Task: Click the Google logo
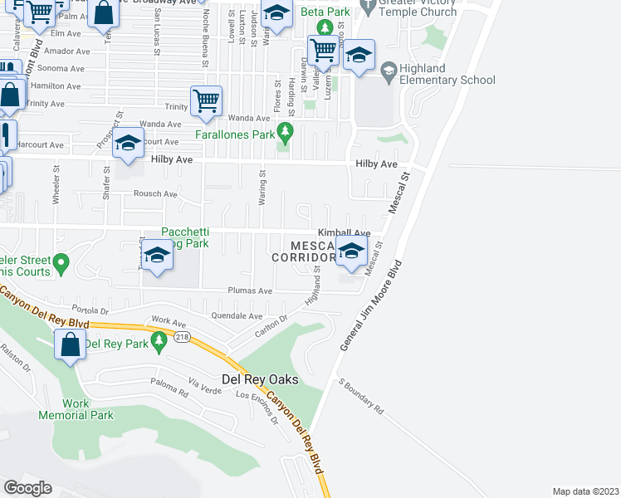28,488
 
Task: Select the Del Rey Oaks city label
260,379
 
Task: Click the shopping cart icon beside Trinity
207,101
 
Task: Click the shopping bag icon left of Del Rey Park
71,344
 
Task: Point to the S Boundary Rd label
360,398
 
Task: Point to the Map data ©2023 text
584,491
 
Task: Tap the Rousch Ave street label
156,194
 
